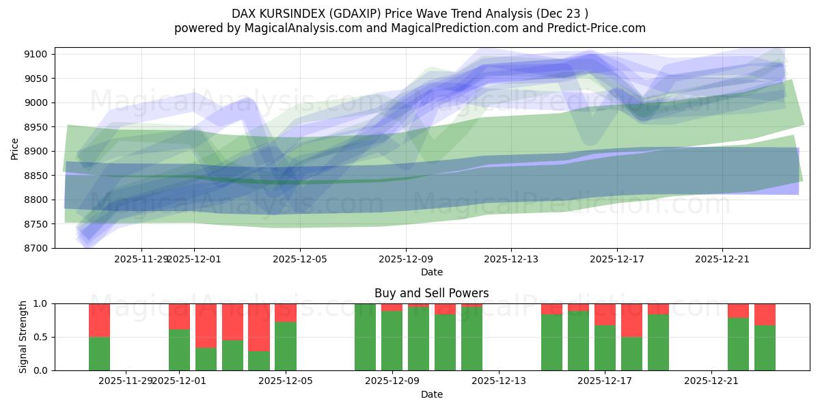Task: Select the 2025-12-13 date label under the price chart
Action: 511,259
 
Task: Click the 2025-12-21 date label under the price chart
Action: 722,259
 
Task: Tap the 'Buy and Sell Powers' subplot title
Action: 431,293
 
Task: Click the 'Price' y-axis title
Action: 15,148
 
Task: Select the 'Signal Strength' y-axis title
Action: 23,337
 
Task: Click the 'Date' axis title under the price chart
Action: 431,272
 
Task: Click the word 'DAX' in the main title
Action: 245,13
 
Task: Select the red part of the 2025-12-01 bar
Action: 179,316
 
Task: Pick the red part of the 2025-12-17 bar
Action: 605,314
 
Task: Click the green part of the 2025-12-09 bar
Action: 392,340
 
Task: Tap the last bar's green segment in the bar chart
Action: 765,347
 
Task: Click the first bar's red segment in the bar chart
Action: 99,320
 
